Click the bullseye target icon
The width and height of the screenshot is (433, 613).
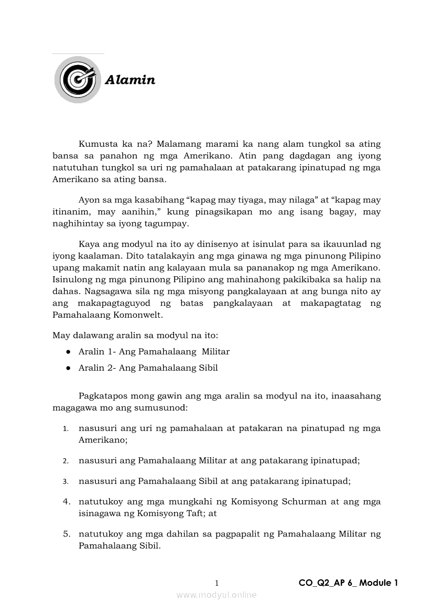pos(78,80)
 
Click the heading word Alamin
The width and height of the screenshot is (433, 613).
pos(130,80)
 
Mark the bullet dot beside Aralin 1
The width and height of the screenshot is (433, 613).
pos(68,351)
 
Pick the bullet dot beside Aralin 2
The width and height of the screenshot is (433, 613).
pos(68,368)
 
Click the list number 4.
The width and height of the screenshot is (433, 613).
pos(67,501)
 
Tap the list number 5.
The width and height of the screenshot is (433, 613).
pos(67,534)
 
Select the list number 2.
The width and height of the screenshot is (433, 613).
pos(66,461)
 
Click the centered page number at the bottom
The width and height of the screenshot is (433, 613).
pos(217,583)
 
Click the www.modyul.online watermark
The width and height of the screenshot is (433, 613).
pos(216,595)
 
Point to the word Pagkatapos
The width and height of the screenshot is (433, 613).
pos(102,395)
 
